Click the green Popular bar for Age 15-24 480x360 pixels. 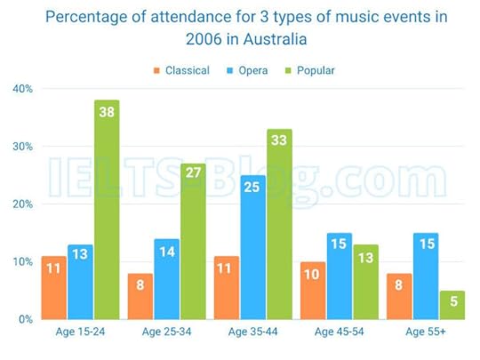(106, 209)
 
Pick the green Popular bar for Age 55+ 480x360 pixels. (453, 305)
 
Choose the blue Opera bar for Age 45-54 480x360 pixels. (339, 276)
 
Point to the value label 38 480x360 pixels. (106, 112)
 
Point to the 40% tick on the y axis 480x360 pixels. (22, 89)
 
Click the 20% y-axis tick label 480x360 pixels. (22, 204)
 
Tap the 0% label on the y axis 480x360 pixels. (25, 318)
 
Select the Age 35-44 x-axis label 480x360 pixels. (252, 333)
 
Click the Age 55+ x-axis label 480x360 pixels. (426, 333)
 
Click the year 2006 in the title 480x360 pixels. (206, 40)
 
